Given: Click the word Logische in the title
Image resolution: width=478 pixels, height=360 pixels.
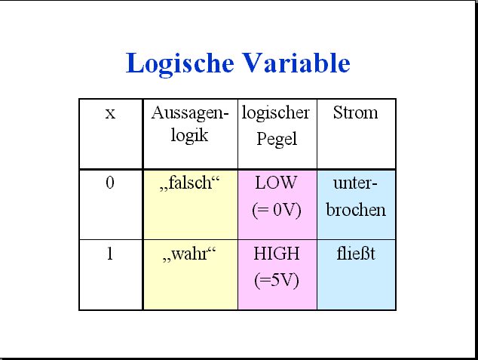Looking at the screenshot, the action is coord(180,63).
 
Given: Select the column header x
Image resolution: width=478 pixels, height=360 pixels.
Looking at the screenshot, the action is coord(110,114).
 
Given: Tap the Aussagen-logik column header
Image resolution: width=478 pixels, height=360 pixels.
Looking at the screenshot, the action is coord(189,124).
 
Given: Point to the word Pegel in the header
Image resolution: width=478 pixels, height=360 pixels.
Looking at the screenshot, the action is coord(277,139).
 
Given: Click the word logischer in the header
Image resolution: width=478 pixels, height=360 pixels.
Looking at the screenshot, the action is coord(276,113).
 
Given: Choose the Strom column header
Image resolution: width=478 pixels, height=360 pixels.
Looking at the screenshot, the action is coord(355,112).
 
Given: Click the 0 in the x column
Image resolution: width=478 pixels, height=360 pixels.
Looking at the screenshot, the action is coord(110,183).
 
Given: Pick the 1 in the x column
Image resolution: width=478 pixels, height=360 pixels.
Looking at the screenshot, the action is coord(110,254).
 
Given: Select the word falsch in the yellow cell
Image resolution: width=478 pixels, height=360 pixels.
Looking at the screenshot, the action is coord(190,183).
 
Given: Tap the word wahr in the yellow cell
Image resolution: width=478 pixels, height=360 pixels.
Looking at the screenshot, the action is coord(189,254).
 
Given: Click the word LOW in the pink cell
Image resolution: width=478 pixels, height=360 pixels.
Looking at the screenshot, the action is coord(276,183).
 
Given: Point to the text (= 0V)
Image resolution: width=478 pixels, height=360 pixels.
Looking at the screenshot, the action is coord(277,211).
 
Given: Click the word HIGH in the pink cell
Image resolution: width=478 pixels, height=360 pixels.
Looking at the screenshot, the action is coord(277,254).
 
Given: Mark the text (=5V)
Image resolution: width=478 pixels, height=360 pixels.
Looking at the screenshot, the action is coord(277,280).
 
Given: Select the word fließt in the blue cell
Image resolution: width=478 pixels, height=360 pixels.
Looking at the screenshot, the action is coord(356,254).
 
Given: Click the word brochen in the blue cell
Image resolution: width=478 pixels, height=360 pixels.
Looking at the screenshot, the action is coord(356,209).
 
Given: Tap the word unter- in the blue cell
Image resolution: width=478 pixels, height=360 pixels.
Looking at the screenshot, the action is coord(355,183).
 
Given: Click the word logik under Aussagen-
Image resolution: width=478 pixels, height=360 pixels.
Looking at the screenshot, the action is coord(189,135).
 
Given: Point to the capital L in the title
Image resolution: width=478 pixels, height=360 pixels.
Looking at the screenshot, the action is coord(133,63).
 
